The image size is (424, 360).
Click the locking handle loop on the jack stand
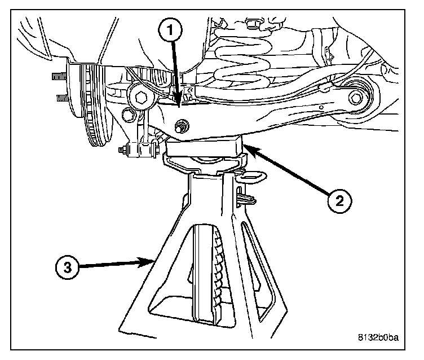click(253, 174)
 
